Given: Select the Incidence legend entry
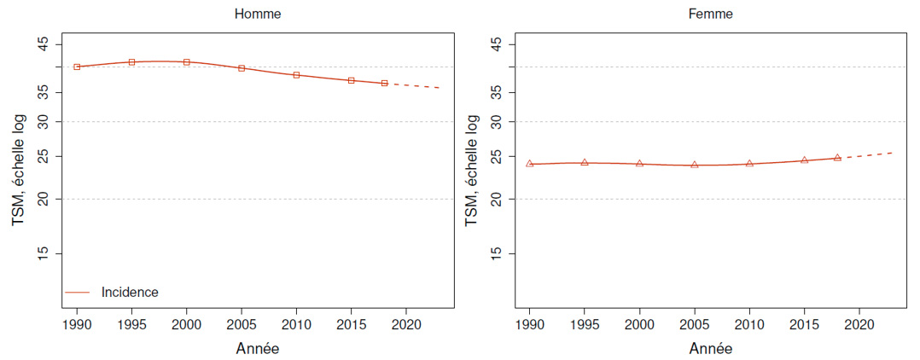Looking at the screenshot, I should coord(129,292).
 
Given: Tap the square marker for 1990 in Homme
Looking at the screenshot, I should coord(77,67).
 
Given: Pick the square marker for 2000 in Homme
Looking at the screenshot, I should coord(187,62).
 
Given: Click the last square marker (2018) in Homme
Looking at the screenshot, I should coord(384,83).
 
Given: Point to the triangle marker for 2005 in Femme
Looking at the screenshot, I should coord(695,165).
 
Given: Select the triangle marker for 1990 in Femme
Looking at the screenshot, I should coord(529,164).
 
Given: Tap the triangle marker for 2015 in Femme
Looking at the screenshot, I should coord(804,160).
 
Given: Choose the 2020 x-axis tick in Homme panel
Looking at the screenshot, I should coord(405,324).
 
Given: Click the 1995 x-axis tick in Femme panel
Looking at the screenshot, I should coord(585,324).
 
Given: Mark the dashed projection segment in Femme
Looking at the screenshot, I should coord(865,155).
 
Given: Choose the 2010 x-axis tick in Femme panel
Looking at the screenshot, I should coord(749,324).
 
